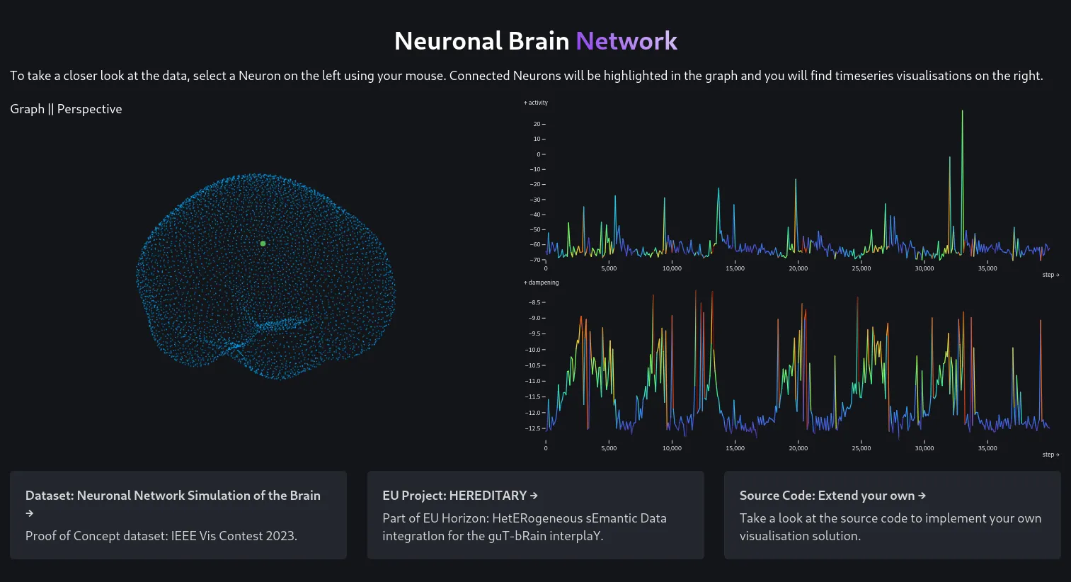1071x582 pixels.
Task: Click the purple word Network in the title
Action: click(626, 41)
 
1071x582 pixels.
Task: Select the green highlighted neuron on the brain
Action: click(263, 244)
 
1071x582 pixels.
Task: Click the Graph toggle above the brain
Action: click(27, 109)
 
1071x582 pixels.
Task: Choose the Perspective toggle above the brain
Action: click(89, 109)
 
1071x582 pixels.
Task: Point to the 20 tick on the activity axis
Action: click(537, 125)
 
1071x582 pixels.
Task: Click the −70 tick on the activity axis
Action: click(537, 260)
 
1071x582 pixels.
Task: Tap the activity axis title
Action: click(536, 103)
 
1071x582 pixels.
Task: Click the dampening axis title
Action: click(542, 283)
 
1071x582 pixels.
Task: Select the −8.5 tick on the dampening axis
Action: click(535, 302)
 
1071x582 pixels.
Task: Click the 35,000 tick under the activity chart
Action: click(987, 268)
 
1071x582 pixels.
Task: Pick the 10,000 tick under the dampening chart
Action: click(672, 448)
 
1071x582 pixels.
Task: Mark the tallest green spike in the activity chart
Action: click(962, 112)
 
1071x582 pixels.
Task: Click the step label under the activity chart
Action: click(1050, 275)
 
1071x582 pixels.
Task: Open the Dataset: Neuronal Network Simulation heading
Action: click(173, 496)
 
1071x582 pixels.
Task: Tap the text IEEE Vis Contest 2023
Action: click(234, 536)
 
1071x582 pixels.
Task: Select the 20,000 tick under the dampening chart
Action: click(798, 448)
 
